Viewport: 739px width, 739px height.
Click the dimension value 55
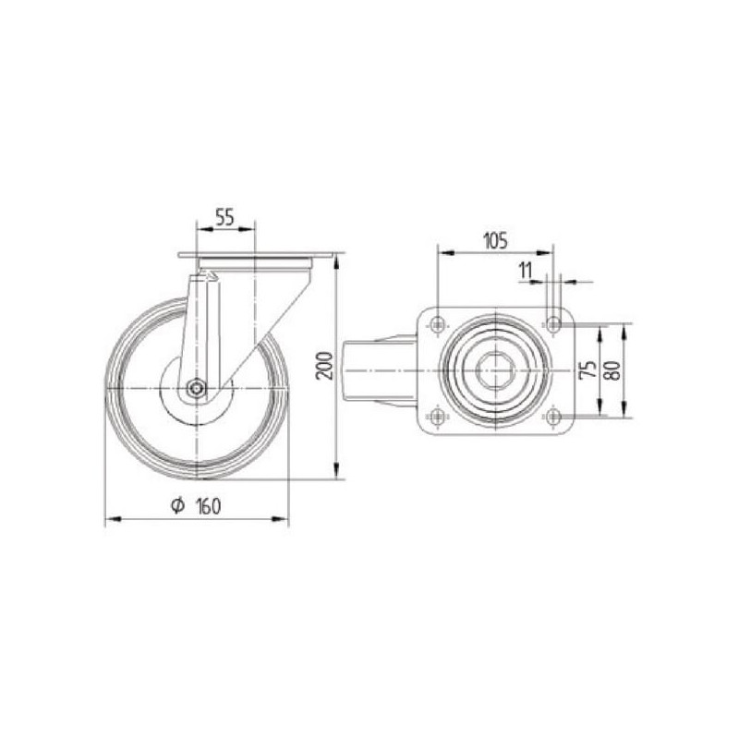tap(224, 217)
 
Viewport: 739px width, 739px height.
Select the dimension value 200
tap(325, 365)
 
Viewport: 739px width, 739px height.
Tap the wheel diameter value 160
tap(208, 506)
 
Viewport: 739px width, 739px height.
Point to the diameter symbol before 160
tap(177, 505)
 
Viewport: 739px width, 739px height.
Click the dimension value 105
tap(496, 241)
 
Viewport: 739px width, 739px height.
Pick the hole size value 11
tap(525, 271)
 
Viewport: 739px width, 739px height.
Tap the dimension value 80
tap(613, 370)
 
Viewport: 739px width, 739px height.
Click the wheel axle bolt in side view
tap(196, 388)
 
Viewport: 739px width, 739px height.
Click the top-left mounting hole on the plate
tap(438, 324)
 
